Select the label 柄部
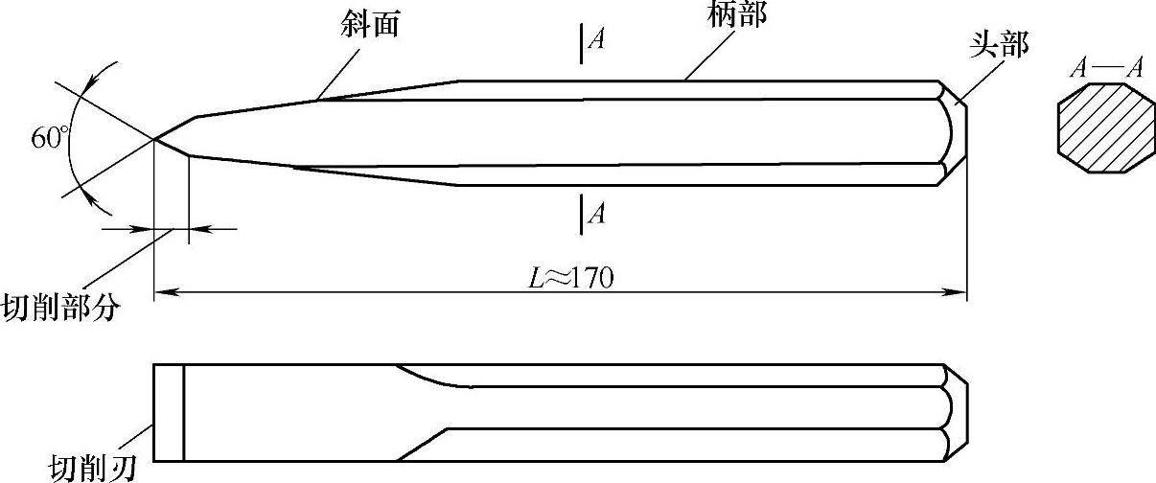pyautogui.click(x=739, y=14)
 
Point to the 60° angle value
pyautogui.click(x=51, y=138)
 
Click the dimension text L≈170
pyautogui.click(x=571, y=277)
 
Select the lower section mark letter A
pyautogui.click(x=595, y=213)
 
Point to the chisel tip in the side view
pyautogui.click(x=156, y=140)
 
